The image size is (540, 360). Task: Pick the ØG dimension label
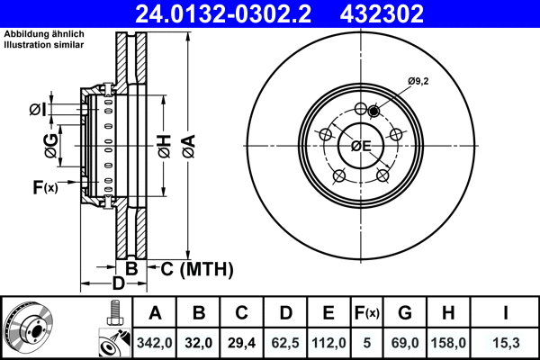51,145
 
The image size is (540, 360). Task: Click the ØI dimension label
37,110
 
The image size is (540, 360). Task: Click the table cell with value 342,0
155,343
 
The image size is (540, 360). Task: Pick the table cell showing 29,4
241,343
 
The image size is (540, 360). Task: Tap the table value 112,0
328,343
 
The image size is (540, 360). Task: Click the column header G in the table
405,314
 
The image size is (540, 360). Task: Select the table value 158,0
447,343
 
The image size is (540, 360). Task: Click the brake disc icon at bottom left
29,328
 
